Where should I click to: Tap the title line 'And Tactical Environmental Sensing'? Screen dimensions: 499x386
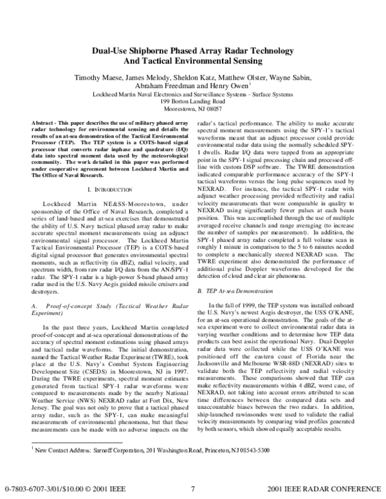[x=193, y=62]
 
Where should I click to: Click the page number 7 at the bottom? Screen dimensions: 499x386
[x=193, y=489]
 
